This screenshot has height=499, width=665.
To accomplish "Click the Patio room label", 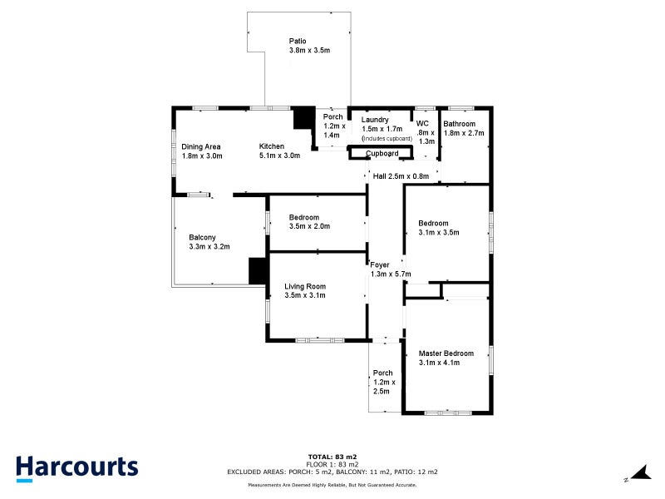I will pos(298,45).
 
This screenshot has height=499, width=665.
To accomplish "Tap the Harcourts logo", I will pos(76,467).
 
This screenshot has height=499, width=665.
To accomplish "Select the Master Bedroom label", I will pos(446,358).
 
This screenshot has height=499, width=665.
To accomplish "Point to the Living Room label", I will pos(304,290).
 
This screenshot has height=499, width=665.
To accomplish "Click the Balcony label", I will pos(209,241).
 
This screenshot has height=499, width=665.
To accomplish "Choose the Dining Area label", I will pos(200,151).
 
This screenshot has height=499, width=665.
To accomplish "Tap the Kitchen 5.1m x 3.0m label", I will pos(278,151).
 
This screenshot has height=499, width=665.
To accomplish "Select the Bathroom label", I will pos(463,128).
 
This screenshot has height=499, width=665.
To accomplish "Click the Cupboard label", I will pos(382,153).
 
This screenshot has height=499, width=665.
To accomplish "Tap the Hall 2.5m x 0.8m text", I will pos(401,175).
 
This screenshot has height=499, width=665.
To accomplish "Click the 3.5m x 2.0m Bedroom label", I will pos(309,221).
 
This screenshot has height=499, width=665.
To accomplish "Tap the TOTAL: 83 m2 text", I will pos(332,457).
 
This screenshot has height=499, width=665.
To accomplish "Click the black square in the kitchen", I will pos(304,119).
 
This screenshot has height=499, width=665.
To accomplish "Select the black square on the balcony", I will pos(258,270).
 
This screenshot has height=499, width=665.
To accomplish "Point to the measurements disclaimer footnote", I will pos(332,484).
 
